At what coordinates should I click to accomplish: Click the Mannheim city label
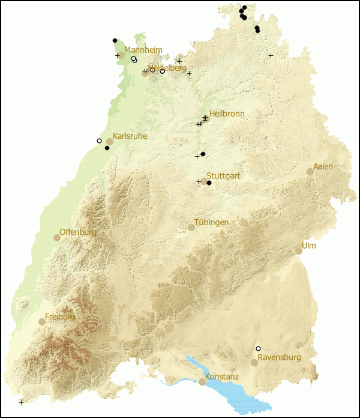click(143, 50)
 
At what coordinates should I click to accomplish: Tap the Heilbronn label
click(227, 114)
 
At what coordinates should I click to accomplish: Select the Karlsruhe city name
click(130, 136)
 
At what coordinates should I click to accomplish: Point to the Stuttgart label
click(223, 176)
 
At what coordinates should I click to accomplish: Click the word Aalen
click(323, 166)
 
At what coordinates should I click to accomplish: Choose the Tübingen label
click(212, 222)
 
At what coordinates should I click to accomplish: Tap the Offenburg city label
click(78, 232)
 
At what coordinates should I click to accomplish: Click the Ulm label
click(309, 246)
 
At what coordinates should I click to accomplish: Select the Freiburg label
click(60, 317)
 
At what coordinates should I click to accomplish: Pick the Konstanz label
click(222, 377)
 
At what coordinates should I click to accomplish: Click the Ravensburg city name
click(279, 357)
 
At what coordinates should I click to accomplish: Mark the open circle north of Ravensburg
click(258, 349)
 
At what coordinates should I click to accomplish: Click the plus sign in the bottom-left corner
click(21, 402)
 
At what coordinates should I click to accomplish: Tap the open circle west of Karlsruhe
click(99, 141)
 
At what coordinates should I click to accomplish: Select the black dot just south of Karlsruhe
click(107, 148)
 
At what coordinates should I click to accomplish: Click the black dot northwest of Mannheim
click(115, 40)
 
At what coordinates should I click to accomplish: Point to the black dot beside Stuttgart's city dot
click(209, 183)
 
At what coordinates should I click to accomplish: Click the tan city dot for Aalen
click(310, 172)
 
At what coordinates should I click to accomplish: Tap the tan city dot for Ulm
click(299, 251)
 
